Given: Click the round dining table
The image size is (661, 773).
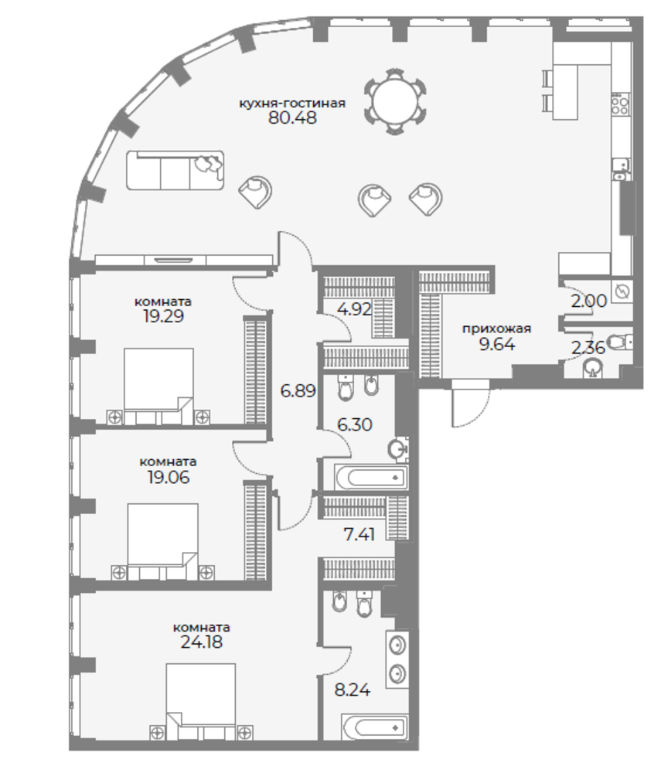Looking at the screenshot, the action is (395, 102).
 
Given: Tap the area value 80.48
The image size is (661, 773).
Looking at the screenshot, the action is (292, 117).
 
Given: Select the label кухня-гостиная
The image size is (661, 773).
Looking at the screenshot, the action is (292, 103).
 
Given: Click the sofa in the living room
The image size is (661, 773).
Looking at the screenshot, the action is (175, 170).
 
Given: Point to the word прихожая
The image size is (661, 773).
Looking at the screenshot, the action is (496, 329).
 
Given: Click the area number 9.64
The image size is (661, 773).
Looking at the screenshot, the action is (497, 344).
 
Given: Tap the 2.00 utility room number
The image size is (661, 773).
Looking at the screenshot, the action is (588, 300).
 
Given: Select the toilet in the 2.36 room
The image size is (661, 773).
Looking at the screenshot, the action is (618, 341).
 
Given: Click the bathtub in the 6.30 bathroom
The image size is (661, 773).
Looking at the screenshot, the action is (371, 477).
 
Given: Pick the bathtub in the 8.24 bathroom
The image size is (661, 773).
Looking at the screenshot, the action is (375, 727).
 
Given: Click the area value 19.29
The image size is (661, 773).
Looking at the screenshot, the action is (163, 316).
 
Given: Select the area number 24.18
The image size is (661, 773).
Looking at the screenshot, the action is (201, 642).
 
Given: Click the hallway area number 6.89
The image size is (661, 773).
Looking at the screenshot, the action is (298, 391).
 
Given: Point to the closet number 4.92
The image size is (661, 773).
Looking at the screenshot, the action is (354, 311).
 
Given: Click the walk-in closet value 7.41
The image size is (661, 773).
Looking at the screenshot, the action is (359, 534).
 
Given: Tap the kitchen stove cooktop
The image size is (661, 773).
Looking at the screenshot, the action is (620, 104).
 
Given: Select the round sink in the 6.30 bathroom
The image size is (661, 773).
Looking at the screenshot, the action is (398, 449).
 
